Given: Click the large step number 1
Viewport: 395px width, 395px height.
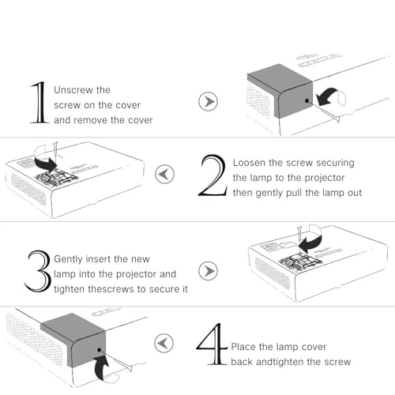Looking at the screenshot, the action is pyautogui.click(x=39, y=103).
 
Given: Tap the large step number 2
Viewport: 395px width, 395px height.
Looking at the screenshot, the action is pyautogui.click(x=213, y=175).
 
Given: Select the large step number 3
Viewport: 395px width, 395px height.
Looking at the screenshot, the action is pyautogui.click(x=37, y=271).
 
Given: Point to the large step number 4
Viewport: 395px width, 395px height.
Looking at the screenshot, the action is pyautogui.click(x=212, y=344).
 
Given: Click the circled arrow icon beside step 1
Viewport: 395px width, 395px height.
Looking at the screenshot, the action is pyautogui.click(x=208, y=101).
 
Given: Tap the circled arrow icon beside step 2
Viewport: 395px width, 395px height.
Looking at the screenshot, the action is pyautogui.click(x=164, y=174).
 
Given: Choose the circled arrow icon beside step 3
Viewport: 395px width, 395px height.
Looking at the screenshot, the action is pyautogui.click(x=208, y=271).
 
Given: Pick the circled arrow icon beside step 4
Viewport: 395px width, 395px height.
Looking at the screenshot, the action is pyautogui.click(x=164, y=343).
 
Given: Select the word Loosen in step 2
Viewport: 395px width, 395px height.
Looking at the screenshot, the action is pyautogui.click(x=249, y=163).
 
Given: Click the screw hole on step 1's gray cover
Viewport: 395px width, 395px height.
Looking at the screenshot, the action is pyautogui.click(x=307, y=100).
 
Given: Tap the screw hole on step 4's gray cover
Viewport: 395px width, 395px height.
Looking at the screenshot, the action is pyautogui.click(x=100, y=350).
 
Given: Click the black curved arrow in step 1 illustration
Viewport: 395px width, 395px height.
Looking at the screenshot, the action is pyautogui.click(x=326, y=97).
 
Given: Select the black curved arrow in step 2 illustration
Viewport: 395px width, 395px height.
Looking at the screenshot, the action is pyautogui.click(x=45, y=163).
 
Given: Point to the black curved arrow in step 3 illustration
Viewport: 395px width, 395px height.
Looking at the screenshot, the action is pyautogui.click(x=310, y=243).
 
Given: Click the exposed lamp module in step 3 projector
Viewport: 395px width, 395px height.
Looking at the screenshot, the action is pyautogui.click(x=301, y=261).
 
